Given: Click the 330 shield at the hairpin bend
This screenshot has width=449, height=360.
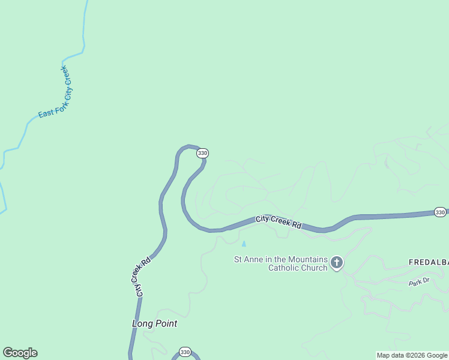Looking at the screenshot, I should tap(202, 153).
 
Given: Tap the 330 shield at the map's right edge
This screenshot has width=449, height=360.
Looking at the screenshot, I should tap(440, 212).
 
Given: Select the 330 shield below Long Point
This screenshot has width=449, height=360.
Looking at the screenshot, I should tap(185, 352).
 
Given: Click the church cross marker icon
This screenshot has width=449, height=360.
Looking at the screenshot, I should tap(337, 262).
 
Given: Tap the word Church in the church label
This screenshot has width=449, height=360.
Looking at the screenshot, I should tap(315, 268).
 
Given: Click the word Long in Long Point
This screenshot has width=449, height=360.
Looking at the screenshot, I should tap(142, 323).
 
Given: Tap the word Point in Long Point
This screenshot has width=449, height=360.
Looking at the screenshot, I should tap(166, 323).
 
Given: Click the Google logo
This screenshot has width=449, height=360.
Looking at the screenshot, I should tap(20, 353).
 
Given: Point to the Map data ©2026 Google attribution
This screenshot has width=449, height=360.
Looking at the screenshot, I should tap(412, 355).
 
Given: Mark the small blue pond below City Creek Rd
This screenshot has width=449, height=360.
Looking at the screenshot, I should tap(244, 244).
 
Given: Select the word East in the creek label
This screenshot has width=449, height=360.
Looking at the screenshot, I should tap(44, 112).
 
